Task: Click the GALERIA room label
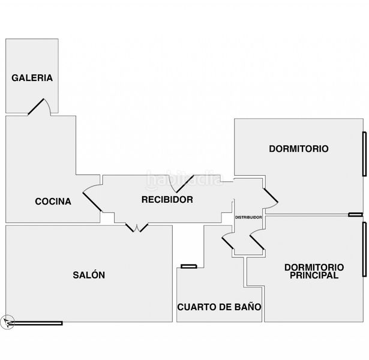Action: point(32,78)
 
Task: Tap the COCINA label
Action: point(53,202)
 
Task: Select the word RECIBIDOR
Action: point(167,200)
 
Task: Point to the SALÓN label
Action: point(89,275)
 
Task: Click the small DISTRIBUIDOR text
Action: point(248,217)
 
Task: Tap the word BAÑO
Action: point(248,307)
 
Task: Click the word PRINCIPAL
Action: point(314,275)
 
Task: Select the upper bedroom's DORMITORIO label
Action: point(299,149)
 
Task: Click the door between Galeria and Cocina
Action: point(39,107)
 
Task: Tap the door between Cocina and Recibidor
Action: point(92,198)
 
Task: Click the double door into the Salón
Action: point(137,227)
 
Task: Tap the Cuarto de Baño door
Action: point(227,241)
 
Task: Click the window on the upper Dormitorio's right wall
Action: point(365,154)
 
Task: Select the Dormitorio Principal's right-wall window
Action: point(365,249)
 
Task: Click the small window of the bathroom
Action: point(189,266)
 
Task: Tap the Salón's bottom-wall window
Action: point(36,323)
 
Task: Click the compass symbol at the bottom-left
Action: point(7,322)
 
